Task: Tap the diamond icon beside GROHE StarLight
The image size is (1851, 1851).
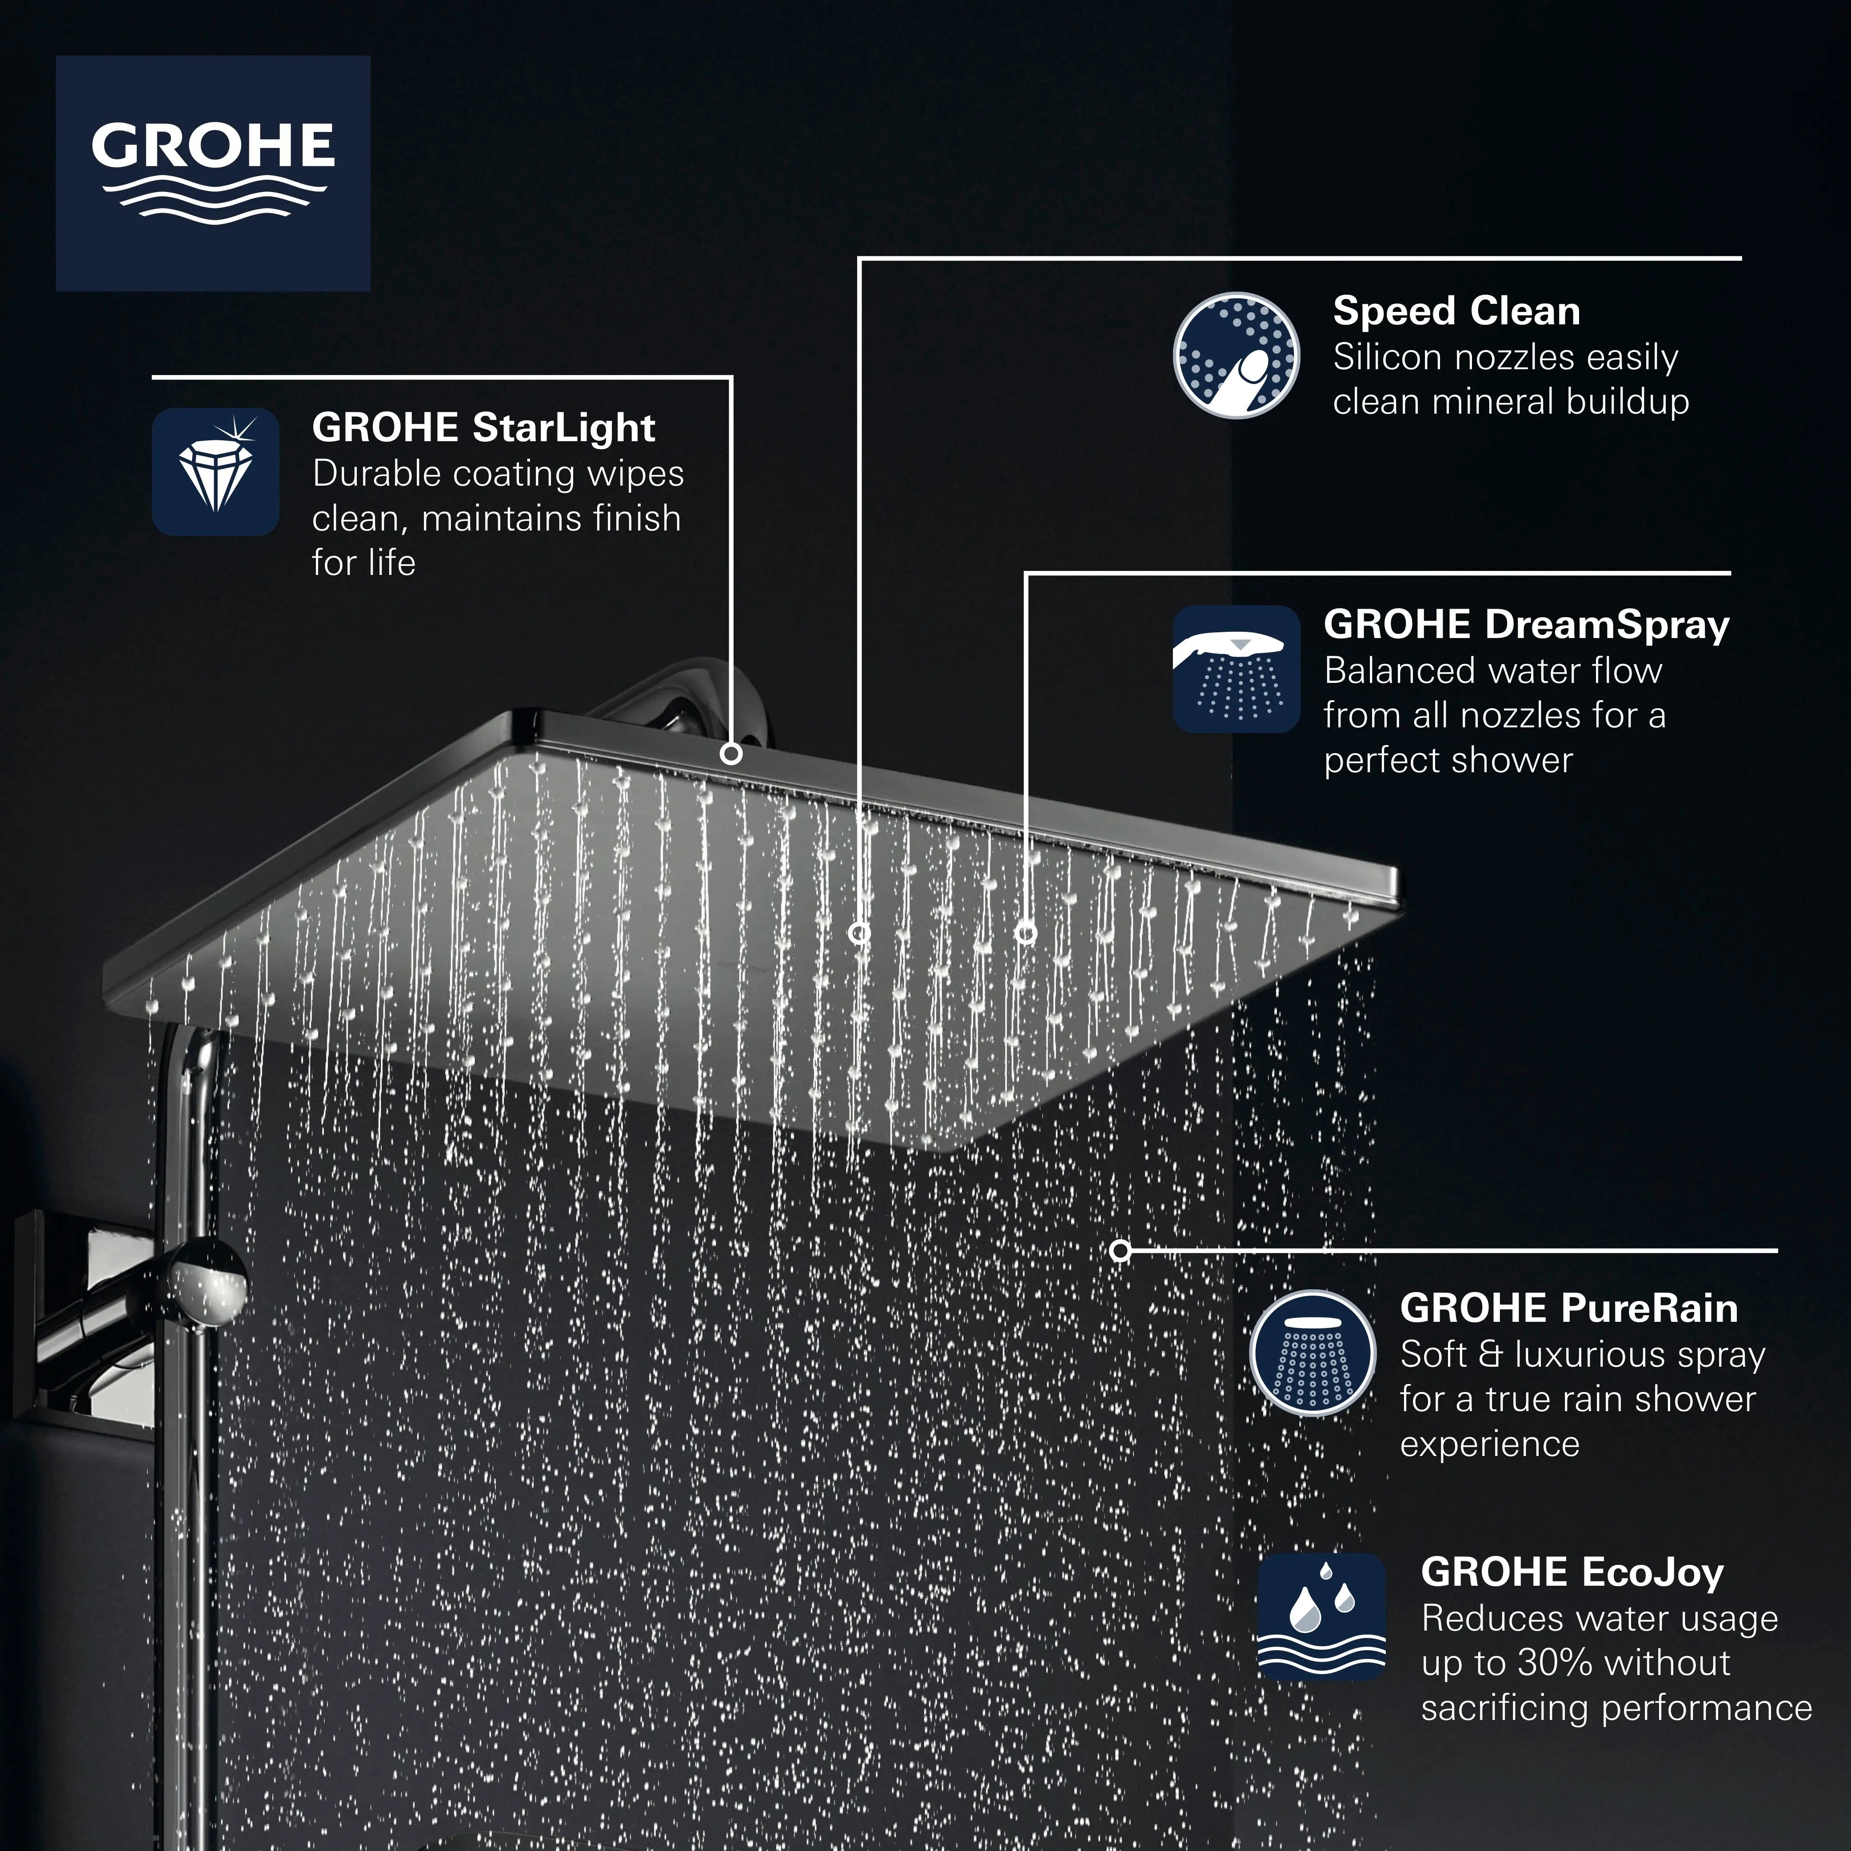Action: tap(215, 471)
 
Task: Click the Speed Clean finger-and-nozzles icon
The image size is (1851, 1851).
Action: tap(1236, 355)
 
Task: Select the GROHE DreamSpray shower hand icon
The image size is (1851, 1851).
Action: tap(1236, 669)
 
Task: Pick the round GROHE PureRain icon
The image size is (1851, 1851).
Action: tap(1312, 1353)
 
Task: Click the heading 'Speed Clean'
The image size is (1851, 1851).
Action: tap(1456, 311)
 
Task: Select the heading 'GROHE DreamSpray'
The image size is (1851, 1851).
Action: tap(1526, 625)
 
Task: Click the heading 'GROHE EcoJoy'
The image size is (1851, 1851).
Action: tap(1572, 1572)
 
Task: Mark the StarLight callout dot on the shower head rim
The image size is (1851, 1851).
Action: tap(731, 754)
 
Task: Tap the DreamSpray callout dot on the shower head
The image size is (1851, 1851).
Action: tap(1026, 932)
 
